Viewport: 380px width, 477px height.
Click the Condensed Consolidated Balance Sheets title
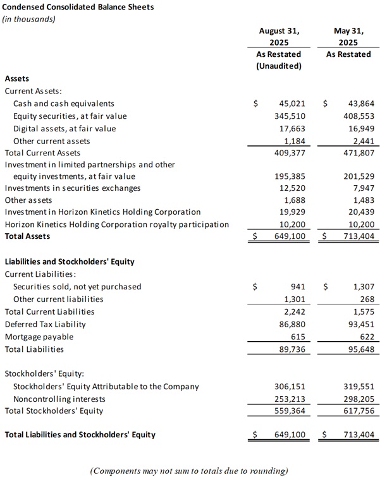79,7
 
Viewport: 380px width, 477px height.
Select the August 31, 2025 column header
279,36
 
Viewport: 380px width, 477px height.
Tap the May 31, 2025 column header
348,36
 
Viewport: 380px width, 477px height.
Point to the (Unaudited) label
279,66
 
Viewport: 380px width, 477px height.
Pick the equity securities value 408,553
358,116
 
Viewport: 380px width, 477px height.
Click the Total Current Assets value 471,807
358,153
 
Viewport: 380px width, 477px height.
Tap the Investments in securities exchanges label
73,188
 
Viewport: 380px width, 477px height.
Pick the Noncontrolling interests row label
59,399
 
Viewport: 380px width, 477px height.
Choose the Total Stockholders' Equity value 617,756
358,411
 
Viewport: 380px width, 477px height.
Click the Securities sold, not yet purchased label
77,287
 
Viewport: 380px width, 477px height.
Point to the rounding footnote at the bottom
189,471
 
